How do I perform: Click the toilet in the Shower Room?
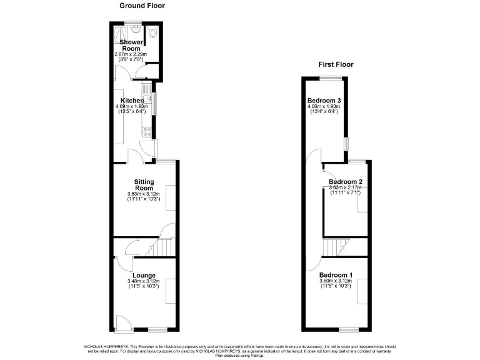coord(153,33)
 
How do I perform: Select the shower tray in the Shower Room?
coord(119,33)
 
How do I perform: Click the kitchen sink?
coord(148,99)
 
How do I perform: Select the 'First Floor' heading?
coord(336,64)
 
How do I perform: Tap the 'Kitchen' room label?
coord(132,101)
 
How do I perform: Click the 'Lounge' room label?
coord(144,275)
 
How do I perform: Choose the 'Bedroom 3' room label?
coord(324,100)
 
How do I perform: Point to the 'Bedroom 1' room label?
coord(336,275)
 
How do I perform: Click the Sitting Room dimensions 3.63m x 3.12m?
coord(144,194)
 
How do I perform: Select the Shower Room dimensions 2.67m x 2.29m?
coord(131,54)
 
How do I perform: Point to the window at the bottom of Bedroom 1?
coord(348,329)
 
